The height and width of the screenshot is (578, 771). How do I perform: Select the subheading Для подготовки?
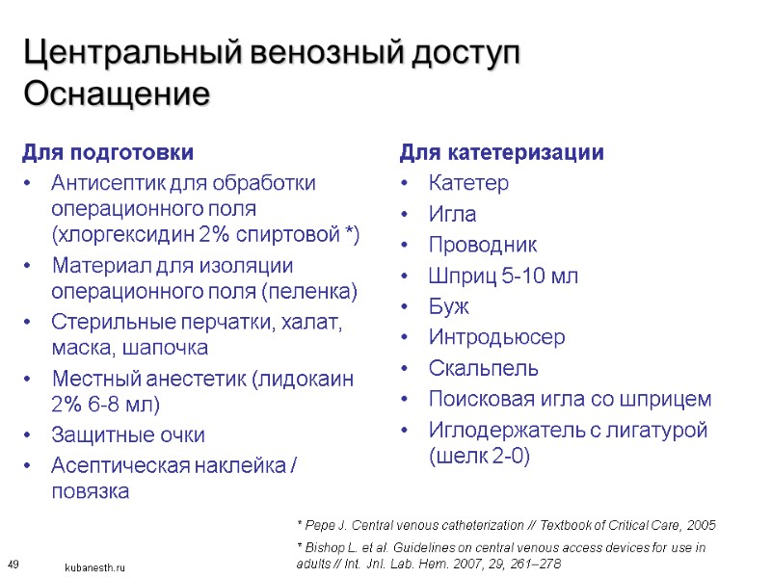(x=107, y=152)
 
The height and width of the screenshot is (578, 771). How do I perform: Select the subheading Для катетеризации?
(x=502, y=152)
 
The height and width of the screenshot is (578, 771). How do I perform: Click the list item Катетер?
(x=468, y=183)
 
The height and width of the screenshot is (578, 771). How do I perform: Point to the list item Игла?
(x=452, y=214)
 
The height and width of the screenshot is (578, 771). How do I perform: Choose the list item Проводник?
(x=483, y=245)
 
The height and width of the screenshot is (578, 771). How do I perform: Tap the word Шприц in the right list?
(x=461, y=276)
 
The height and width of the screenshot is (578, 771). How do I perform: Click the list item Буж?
(x=449, y=306)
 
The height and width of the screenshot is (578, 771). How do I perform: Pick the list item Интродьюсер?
(x=497, y=337)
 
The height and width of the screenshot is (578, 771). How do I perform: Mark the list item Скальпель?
(x=484, y=368)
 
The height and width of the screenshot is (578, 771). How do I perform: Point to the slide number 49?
(x=13, y=564)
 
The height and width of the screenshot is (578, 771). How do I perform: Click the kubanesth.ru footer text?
(x=95, y=568)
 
